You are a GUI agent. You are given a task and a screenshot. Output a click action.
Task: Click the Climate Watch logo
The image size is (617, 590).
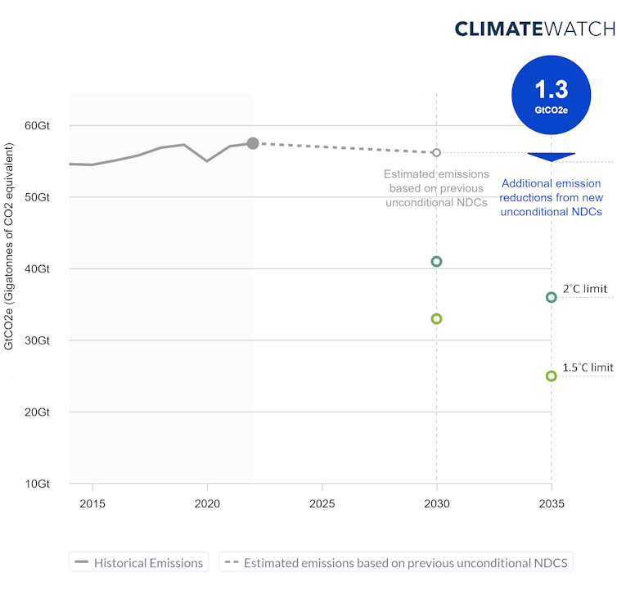[534, 29]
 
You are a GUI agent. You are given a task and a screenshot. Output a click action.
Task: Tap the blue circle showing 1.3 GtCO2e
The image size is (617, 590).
[551, 95]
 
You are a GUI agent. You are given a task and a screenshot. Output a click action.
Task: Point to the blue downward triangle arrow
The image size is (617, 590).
[551, 156]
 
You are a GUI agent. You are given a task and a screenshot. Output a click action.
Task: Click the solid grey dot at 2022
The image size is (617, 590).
[253, 143]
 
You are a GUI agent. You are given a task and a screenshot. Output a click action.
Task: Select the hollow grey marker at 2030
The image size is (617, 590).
[436, 153]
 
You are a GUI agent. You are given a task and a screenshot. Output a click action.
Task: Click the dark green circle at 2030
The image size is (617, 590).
[436, 262]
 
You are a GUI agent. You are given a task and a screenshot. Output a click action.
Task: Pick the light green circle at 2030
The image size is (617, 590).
[436, 318]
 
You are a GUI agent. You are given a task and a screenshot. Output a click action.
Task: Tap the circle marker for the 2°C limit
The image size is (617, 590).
[551, 297]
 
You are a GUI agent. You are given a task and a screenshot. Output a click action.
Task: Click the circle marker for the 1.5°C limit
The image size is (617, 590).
[551, 376]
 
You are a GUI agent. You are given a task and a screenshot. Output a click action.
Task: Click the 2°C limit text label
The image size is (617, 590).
[584, 289]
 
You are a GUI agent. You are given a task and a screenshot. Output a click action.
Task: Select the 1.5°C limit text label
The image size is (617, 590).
[587, 367]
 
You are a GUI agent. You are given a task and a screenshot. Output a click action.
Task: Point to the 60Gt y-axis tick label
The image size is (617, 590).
[37, 126]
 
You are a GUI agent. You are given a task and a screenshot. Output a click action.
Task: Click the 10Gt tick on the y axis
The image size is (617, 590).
[37, 484]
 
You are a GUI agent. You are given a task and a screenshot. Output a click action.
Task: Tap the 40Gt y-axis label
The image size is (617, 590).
[37, 269]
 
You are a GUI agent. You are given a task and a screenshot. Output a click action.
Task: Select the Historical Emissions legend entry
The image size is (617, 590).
[138, 563]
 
